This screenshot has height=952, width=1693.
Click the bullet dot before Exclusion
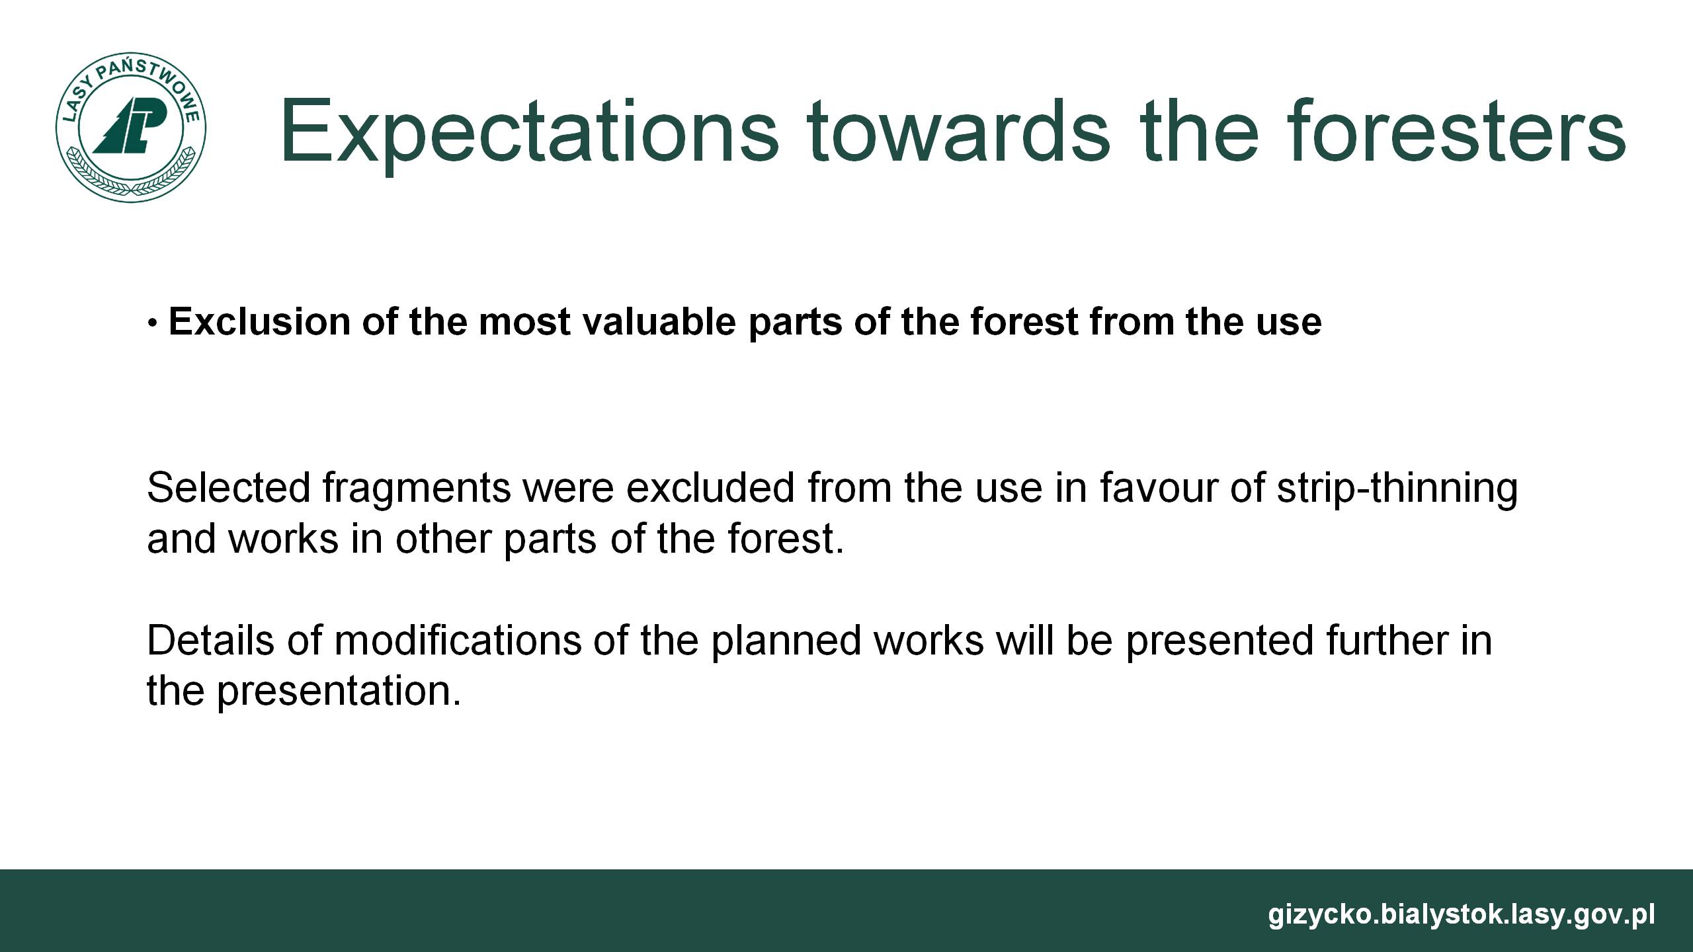(x=153, y=324)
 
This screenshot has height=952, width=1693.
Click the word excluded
(x=710, y=488)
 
